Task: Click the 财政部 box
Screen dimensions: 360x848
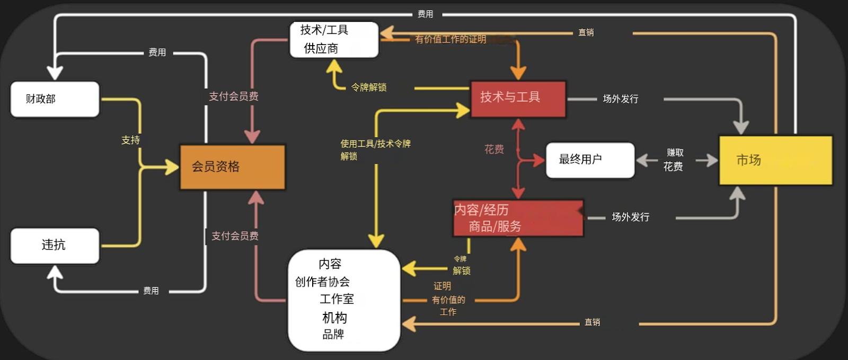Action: [x=55, y=99]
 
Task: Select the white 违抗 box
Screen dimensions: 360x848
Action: [x=55, y=245]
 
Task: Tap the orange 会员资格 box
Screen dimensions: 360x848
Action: [x=232, y=167]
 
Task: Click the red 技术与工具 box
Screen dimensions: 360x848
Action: [x=518, y=99]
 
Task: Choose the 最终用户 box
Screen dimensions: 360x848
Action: [x=590, y=160]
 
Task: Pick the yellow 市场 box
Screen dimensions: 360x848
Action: [x=775, y=160]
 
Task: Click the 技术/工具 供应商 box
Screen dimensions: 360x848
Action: [x=334, y=40]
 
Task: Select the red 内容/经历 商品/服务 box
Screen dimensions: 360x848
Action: [x=518, y=218]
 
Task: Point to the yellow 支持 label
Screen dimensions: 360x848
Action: [x=130, y=141]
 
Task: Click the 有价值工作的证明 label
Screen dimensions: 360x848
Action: [x=450, y=39]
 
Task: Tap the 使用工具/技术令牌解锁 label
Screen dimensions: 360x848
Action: [x=375, y=150]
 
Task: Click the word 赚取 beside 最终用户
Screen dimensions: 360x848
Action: [x=675, y=153]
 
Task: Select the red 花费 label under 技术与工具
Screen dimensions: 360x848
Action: [x=494, y=150]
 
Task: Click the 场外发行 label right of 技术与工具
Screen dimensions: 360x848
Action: [x=621, y=99]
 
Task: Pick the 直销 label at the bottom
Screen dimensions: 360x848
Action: [x=592, y=322]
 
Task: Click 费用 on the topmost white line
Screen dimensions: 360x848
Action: [x=425, y=14]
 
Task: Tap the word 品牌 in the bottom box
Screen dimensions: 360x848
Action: [x=333, y=335]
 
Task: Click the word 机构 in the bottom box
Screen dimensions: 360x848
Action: [x=334, y=318]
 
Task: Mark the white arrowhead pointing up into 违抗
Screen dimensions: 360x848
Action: [x=55, y=272]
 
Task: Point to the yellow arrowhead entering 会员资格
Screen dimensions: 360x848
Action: [x=172, y=168]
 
